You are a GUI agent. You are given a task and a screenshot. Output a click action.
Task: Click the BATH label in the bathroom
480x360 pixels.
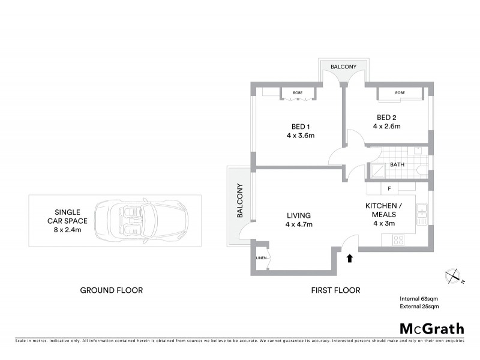click(x=397, y=164)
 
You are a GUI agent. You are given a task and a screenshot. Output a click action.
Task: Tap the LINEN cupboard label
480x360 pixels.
click(x=261, y=258)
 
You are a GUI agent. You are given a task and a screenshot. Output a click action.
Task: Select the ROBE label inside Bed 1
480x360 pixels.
click(x=297, y=93)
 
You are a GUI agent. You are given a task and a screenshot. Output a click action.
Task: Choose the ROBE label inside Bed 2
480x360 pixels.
click(x=400, y=93)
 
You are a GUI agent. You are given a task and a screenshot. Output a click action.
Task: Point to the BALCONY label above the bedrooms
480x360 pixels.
click(x=343, y=67)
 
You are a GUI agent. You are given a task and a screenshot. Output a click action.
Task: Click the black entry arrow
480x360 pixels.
click(x=350, y=258)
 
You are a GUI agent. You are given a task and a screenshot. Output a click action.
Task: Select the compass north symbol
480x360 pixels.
click(x=452, y=277)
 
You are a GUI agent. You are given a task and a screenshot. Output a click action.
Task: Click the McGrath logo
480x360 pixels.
click(x=431, y=328)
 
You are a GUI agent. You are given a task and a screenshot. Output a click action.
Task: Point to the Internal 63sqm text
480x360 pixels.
click(x=420, y=298)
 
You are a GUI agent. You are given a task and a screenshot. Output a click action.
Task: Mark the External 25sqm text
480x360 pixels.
click(x=420, y=307)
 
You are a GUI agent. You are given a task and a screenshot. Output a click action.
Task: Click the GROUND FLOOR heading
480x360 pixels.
click(x=112, y=290)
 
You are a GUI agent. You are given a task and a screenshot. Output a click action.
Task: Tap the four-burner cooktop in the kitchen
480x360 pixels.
click(x=398, y=239)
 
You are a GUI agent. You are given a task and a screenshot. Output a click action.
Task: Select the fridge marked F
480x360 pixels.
click(x=389, y=189)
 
